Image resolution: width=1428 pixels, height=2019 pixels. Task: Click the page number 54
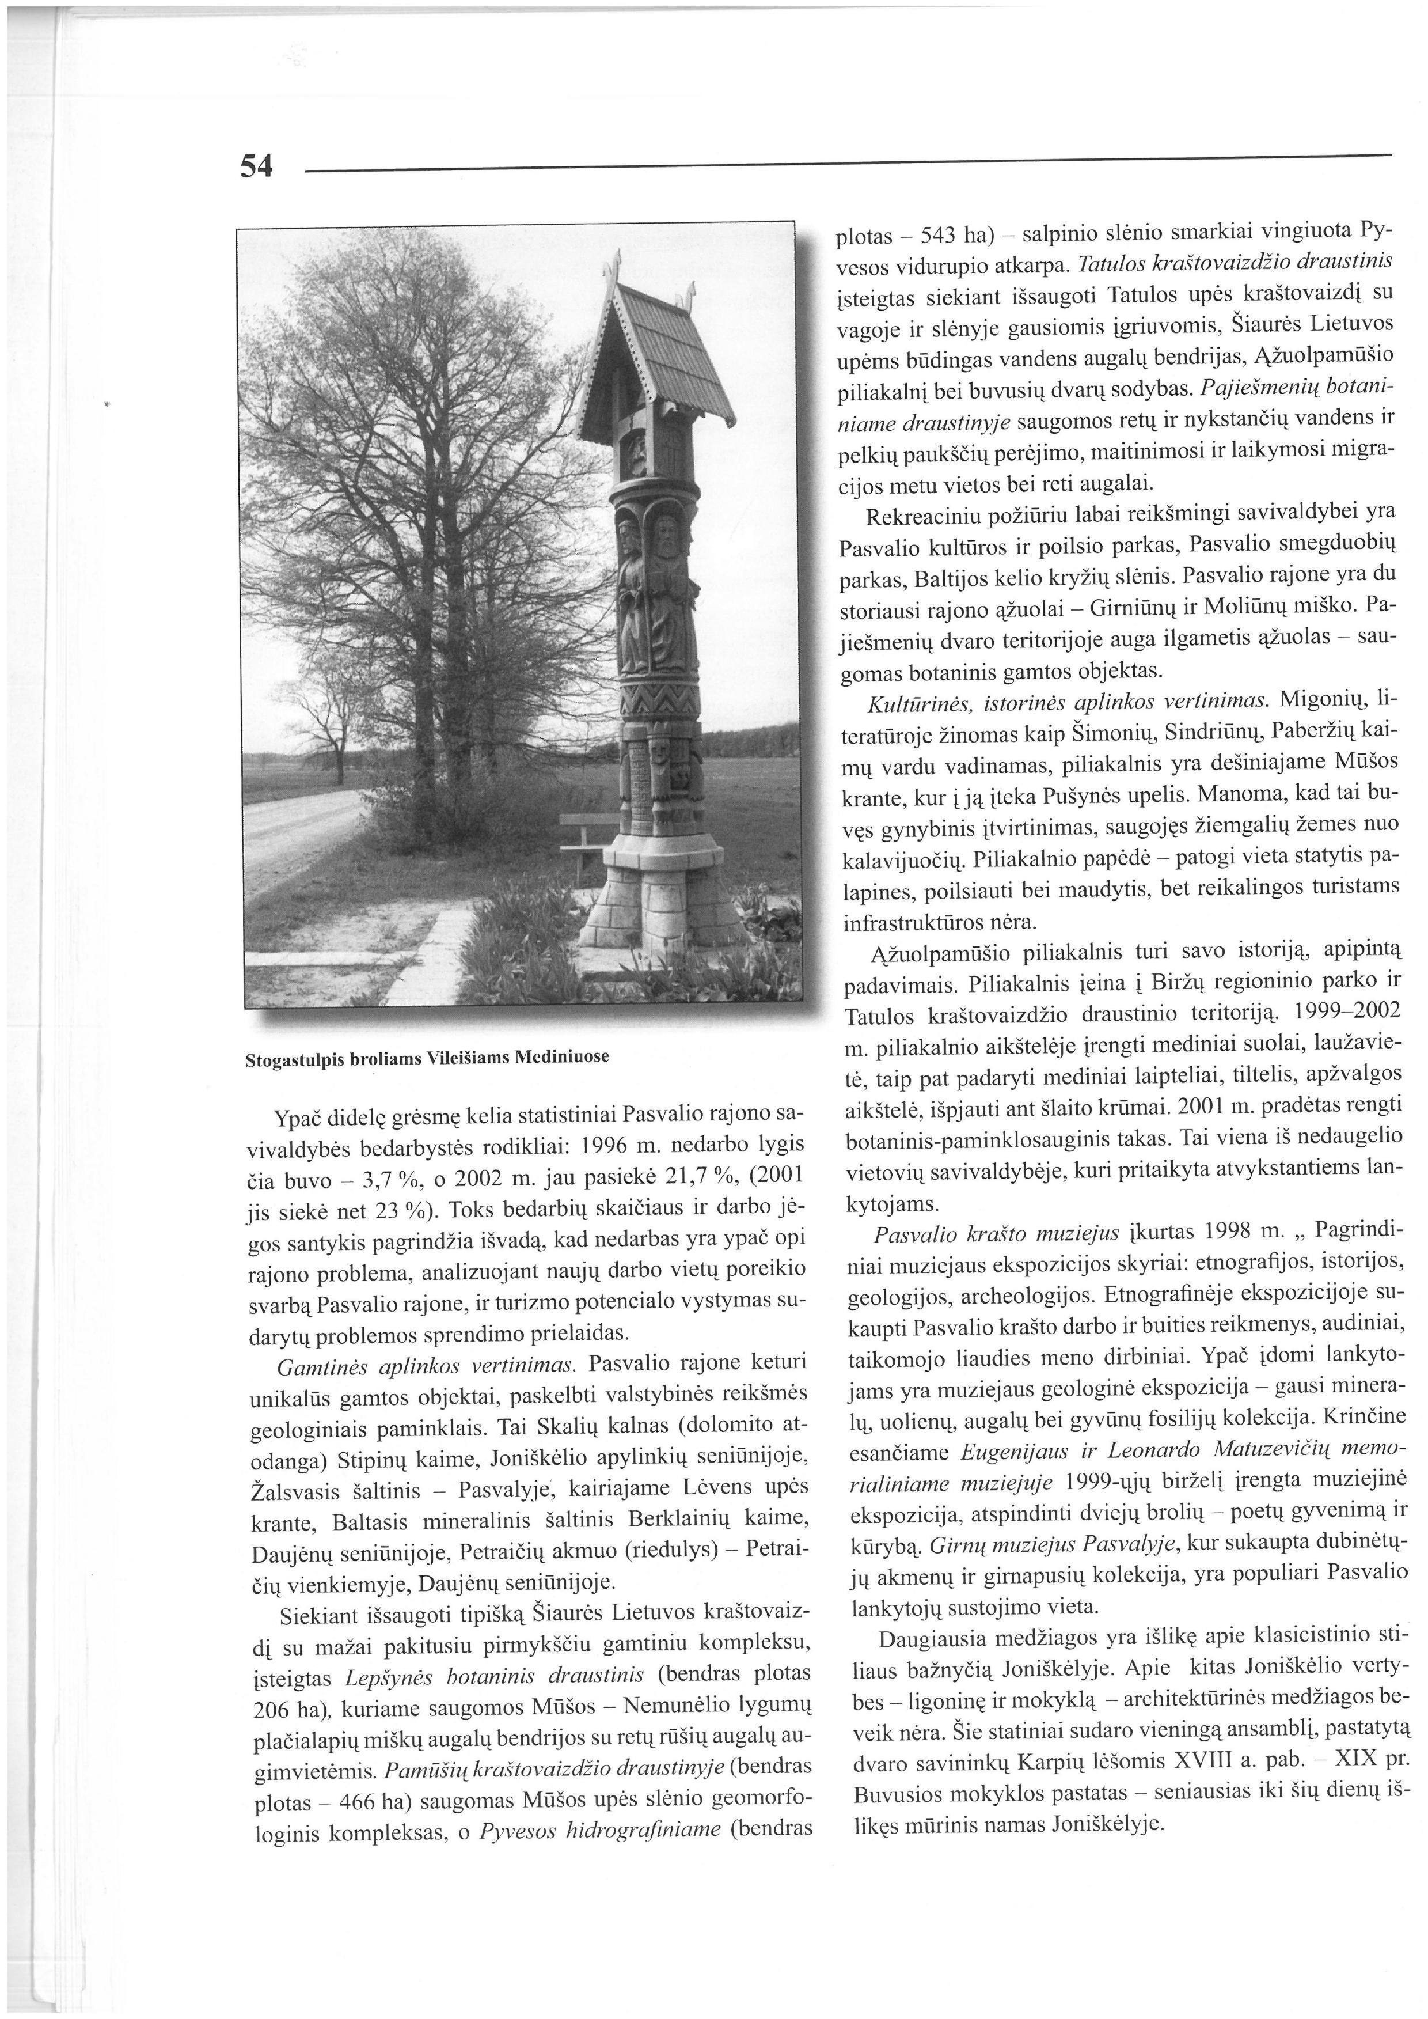pyautogui.click(x=257, y=166)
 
